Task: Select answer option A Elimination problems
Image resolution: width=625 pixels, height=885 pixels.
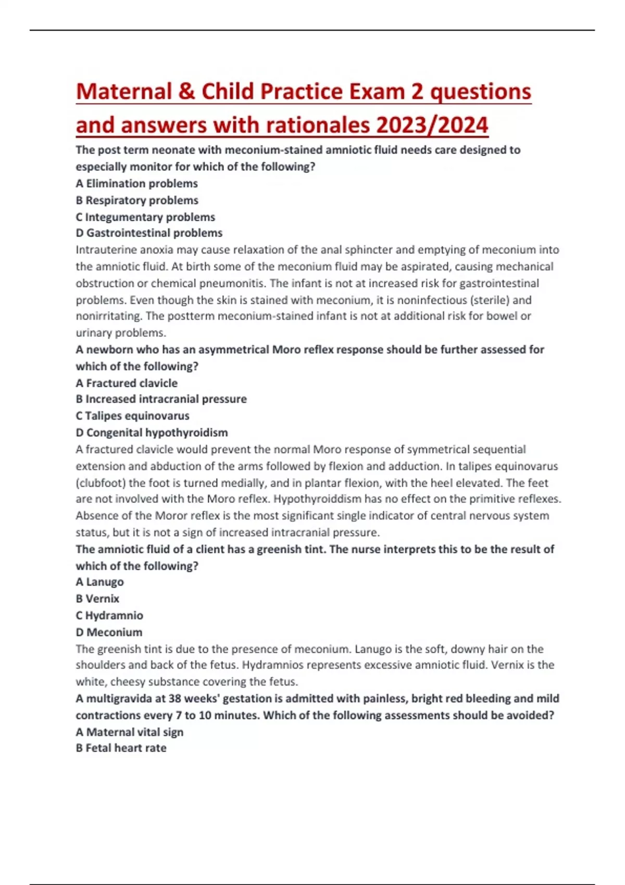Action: tap(136, 183)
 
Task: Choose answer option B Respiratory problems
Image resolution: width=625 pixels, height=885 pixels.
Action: tap(136, 200)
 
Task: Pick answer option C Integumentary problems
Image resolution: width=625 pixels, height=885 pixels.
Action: tap(145, 217)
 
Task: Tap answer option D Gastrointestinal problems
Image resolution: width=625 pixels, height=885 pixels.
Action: tap(149, 233)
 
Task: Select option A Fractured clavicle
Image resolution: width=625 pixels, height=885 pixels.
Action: tap(127, 383)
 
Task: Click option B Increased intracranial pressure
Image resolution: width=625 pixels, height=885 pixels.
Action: tap(161, 399)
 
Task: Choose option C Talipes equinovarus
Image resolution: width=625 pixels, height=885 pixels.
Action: tap(132, 415)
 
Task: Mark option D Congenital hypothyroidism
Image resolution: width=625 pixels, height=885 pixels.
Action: tap(152, 432)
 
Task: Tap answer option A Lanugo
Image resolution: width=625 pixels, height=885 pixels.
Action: tap(99, 581)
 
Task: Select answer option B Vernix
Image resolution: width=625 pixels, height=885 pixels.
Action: tap(97, 598)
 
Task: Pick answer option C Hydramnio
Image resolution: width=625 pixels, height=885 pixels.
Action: tap(109, 615)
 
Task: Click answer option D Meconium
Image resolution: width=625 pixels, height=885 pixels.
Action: tap(109, 632)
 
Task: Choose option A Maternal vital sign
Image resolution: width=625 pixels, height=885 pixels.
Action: tap(129, 731)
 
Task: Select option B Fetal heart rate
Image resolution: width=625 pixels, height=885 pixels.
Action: tap(121, 748)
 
